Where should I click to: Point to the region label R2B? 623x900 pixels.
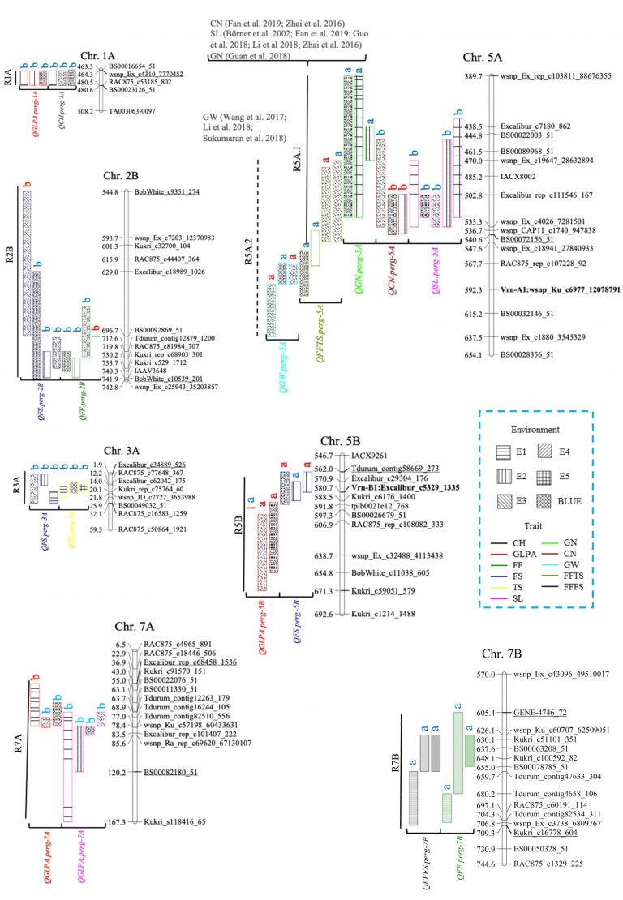point(9,217)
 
